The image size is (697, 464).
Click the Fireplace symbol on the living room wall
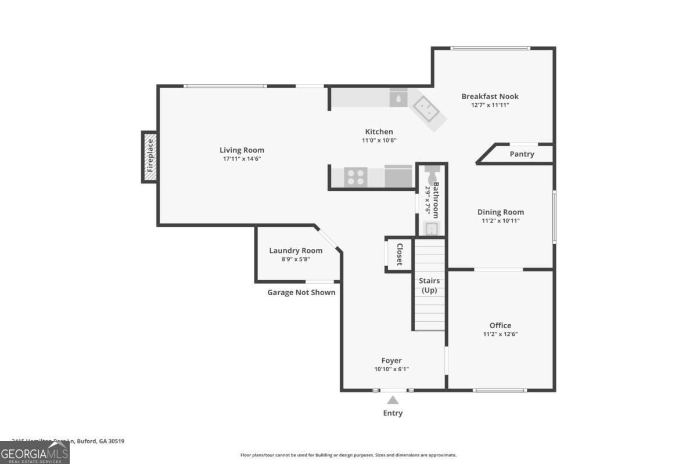click(150, 157)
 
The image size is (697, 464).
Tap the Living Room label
click(242, 150)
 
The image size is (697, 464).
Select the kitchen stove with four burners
click(355, 177)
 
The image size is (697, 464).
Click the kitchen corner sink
click(427, 108)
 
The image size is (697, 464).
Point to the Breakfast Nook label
click(490, 96)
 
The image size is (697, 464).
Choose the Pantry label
click(522, 154)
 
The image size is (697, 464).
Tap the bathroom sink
click(432, 228)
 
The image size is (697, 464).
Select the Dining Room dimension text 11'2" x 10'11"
click(501, 220)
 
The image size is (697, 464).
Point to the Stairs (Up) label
click(429, 285)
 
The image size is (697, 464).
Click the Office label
click(500, 325)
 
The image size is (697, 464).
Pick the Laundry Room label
click(296, 251)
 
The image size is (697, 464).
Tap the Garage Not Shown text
click(301, 292)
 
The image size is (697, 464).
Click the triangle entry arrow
click(393, 400)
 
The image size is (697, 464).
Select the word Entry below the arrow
click(393, 413)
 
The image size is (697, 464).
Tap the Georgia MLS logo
click(35, 452)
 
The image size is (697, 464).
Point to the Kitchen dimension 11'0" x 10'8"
click(379, 140)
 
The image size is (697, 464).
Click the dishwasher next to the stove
click(398, 177)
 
